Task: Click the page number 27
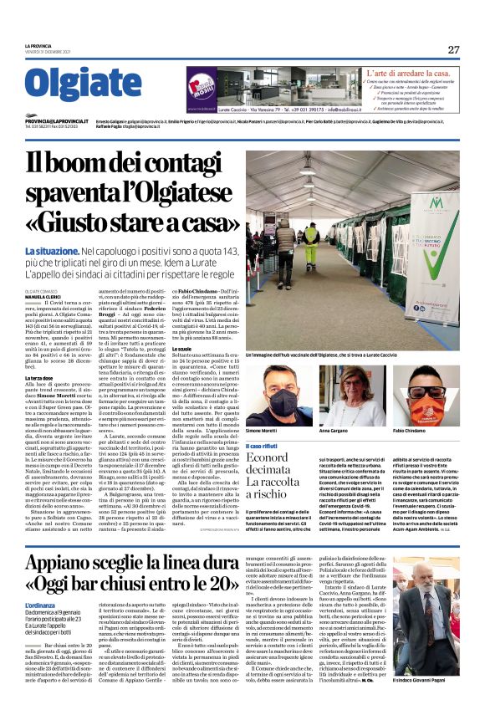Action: [452, 49]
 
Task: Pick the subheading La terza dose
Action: [41, 380]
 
